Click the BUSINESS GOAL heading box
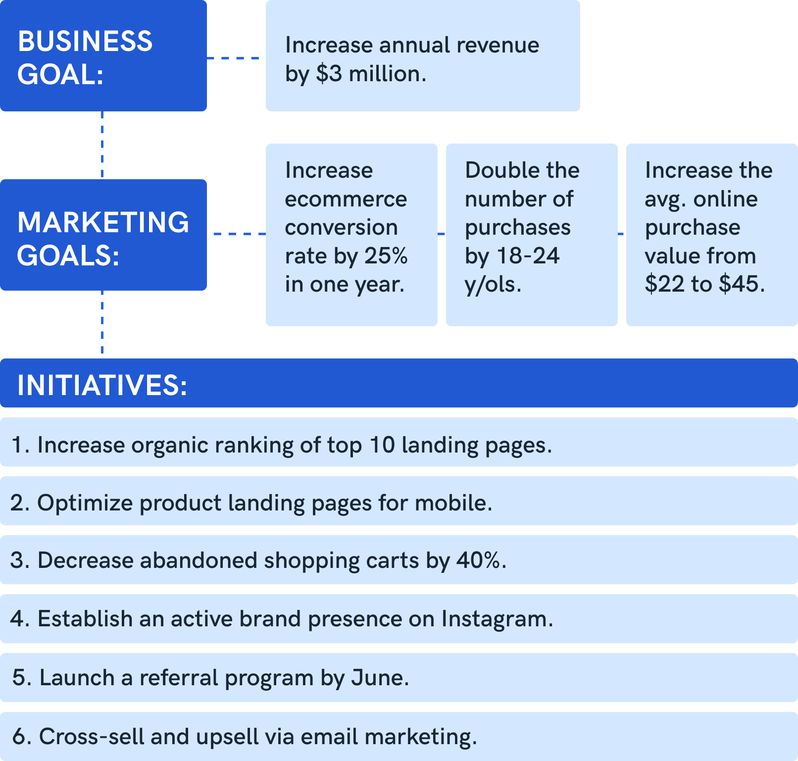tap(103, 55)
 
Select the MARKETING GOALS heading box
tap(103, 235)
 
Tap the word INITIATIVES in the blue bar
tap(102, 385)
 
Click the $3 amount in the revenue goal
tap(329, 74)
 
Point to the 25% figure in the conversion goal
tap(386, 256)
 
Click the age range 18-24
tap(528, 256)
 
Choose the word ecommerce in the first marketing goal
tap(346, 199)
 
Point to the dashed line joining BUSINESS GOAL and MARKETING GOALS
tap(102, 145)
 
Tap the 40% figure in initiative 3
tap(478, 560)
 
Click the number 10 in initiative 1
tap(382, 445)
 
